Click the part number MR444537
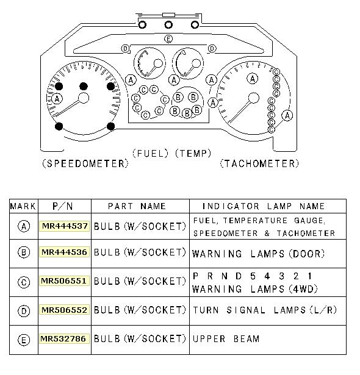pyautogui.click(x=65, y=226)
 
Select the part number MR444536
pyautogui.click(x=64, y=252)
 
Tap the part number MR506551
pyautogui.click(x=63, y=280)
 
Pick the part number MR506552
pyautogui.click(x=64, y=310)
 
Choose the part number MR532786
pyautogui.click(x=63, y=338)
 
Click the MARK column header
pyautogui.click(x=23, y=206)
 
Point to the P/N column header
pyautogui.click(x=63, y=206)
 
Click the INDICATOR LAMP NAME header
pyautogui.click(x=264, y=206)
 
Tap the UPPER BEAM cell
pyautogui.click(x=226, y=339)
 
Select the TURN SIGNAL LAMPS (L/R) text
pyautogui.click(x=265, y=310)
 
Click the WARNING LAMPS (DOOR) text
pyautogui.click(x=259, y=254)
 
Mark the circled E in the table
pyautogui.click(x=24, y=340)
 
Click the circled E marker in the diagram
pyautogui.click(x=168, y=39)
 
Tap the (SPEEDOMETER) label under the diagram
pyautogui.click(x=85, y=164)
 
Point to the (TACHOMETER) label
pyautogui.click(x=259, y=164)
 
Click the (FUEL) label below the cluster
pyautogui.click(x=151, y=154)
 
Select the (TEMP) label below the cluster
pyautogui.click(x=193, y=154)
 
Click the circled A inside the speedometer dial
pyautogui.click(x=57, y=99)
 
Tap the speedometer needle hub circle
pyautogui.click(x=84, y=98)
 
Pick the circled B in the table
pyautogui.click(x=24, y=252)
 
